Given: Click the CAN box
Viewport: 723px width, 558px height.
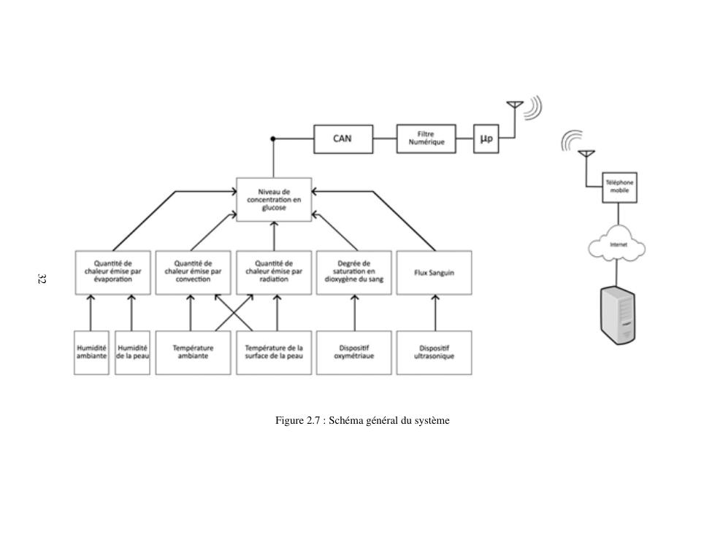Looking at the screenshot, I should click(x=343, y=139).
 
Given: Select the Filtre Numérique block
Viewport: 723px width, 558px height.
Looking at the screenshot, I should click(x=426, y=139).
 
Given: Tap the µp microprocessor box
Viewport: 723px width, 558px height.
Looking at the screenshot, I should click(x=486, y=139).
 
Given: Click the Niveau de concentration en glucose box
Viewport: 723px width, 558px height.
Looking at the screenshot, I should click(x=274, y=199).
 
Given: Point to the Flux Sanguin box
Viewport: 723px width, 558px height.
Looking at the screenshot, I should click(x=434, y=273).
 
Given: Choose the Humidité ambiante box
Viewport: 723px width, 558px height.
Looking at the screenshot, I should click(x=91, y=352).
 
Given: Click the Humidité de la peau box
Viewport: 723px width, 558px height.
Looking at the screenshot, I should click(x=132, y=352).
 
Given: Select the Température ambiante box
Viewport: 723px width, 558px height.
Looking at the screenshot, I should click(x=193, y=352).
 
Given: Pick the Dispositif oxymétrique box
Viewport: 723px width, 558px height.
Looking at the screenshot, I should click(x=354, y=352).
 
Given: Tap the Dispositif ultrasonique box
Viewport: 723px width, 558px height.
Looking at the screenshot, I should click(x=434, y=352).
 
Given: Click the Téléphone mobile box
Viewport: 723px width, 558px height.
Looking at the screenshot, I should click(x=619, y=187).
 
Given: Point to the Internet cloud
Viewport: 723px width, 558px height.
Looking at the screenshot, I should click(x=617, y=246).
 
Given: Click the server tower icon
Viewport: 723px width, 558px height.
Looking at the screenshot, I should click(x=618, y=315).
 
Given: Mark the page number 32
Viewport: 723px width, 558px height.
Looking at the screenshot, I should click(x=42, y=279).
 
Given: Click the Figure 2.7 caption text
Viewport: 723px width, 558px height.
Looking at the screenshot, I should click(x=361, y=420).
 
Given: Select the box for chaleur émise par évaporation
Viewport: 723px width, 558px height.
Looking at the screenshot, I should click(x=112, y=273).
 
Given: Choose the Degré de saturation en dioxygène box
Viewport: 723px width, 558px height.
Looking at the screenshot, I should click(x=354, y=273).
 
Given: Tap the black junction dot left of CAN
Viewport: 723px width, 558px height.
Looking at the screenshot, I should click(x=273, y=139).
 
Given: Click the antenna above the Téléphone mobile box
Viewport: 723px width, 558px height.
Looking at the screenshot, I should click(x=586, y=157).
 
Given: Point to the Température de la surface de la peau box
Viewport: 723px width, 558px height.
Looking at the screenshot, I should click(x=274, y=352).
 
